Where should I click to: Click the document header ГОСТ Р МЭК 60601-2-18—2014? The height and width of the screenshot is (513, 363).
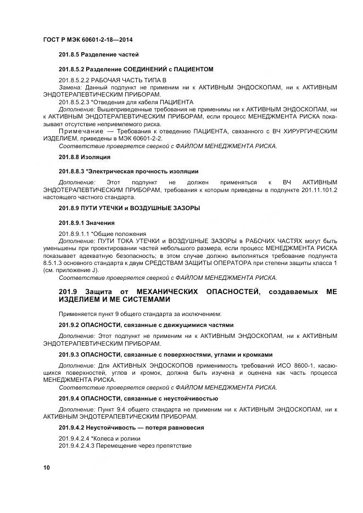click(88, 40)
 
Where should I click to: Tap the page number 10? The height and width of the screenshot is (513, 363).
click(46, 467)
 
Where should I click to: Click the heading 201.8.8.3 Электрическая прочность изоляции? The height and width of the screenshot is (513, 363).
click(129, 172)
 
